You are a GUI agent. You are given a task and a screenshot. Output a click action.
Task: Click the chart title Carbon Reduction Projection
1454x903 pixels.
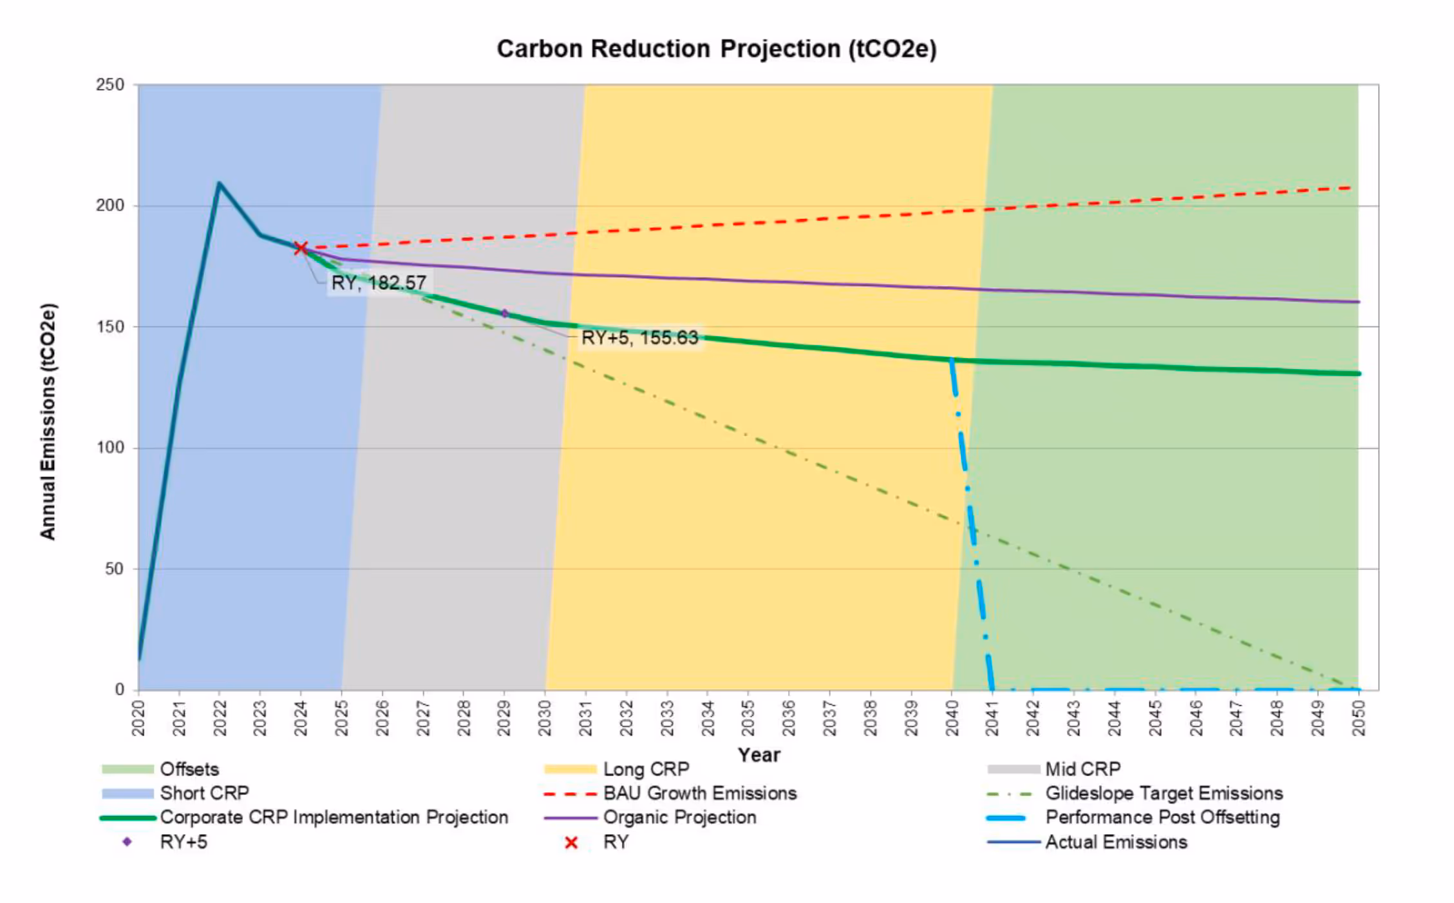(x=716, y=49)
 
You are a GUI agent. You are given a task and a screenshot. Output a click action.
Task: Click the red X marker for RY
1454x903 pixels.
(x=301, y=248)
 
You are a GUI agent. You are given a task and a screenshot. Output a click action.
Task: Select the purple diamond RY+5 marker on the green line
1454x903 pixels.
(x=505, y=314)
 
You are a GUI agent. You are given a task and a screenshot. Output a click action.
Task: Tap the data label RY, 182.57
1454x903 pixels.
(x=378, y=283)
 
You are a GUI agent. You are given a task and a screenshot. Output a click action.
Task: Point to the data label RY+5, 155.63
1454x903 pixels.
(x=639, y=337)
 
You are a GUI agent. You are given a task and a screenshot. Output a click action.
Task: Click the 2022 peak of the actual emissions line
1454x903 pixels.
(x=219, y=184)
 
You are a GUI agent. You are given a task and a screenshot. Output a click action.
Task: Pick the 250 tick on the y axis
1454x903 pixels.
(x=110, y=85)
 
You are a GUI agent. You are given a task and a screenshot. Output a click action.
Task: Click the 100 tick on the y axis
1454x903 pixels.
(x=110, y=448)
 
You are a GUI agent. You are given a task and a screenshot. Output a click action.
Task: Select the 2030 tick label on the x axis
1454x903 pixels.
(x=545, y=718)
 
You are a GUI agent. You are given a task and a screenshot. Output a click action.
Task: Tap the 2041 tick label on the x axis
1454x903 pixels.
(x=992, y=718)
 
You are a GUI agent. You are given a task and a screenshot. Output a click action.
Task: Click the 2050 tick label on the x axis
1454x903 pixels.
(x=1359, y=718)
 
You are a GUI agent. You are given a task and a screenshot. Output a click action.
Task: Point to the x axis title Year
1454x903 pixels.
(x=759, y=754)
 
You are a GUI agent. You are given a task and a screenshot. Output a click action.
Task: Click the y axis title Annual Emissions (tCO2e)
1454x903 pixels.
(x=48, y=422)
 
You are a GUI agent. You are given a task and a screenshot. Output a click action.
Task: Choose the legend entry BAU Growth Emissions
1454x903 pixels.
(x=699, y=793)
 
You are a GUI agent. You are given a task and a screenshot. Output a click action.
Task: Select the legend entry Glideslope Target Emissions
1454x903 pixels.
(x=1163, y=793)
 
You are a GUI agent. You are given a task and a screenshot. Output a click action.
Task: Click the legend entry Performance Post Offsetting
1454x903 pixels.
(x=1162, y=817)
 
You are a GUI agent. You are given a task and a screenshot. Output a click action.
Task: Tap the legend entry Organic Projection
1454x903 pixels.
(x=679, y=817)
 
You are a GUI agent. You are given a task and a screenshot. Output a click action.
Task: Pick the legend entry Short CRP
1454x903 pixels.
(x=204, y=793)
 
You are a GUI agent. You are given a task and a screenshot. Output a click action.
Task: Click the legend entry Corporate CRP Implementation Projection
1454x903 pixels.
(x=334, y=817)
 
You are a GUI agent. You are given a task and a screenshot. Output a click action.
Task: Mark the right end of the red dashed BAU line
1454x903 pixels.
(x=1351, y=187)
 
